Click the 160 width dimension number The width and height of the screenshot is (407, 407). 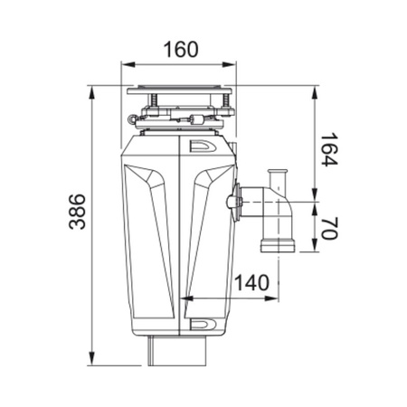tap(182, 50)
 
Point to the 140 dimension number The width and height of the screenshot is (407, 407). tap(251, 282)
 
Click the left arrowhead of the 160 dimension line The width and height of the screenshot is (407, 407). tap(128, 64)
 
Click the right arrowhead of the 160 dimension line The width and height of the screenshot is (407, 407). tap(238, 64)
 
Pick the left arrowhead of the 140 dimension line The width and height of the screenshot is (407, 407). tap(187, 299)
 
